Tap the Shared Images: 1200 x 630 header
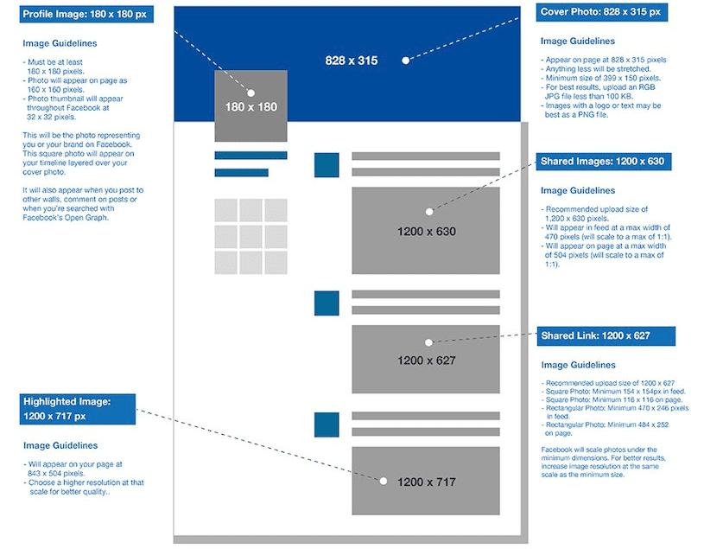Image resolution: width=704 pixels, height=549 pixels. [604, 162]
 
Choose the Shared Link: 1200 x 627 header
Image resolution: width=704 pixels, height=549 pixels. [606, 336]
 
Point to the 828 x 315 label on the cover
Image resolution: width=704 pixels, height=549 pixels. [351, 61]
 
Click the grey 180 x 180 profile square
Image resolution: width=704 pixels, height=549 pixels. [251, 106]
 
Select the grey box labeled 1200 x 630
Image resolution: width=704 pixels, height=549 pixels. [426, 231]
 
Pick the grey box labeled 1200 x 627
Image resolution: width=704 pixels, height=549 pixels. [426, 360]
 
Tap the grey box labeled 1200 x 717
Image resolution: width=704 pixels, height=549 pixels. [426, 481]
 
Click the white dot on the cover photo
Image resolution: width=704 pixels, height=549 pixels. [405, 61]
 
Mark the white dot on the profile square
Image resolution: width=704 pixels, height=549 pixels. [251, 93]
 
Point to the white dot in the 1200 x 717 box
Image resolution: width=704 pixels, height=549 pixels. [384, 482]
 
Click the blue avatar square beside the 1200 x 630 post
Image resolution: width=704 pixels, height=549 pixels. [327, 165]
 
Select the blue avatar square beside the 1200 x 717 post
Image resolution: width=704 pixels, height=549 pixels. [327, 425]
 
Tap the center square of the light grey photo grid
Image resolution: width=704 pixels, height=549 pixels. [251, 236]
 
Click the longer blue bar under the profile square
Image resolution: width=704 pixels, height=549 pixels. [251, 156]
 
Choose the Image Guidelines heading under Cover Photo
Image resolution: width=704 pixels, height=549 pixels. [577, 41]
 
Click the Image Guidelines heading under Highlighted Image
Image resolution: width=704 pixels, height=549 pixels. [60, 445]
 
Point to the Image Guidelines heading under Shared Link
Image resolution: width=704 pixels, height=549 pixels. [578, 365]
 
